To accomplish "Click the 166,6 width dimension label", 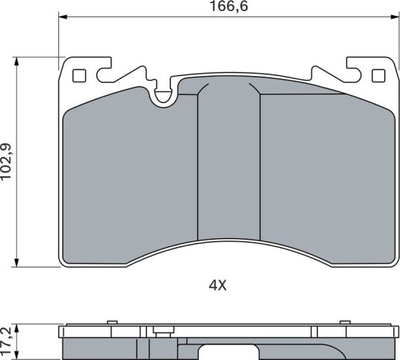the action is coord(228,7).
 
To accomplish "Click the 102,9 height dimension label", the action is coord(6,161).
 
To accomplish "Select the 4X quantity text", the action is coord(218,285).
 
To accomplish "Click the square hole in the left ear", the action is coord(79,76).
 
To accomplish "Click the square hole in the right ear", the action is coord(378,76).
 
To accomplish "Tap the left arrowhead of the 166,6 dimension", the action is coord(63,17).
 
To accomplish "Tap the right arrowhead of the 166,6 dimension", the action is coord(394,17).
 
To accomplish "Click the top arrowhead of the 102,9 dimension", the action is coord(17,61).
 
